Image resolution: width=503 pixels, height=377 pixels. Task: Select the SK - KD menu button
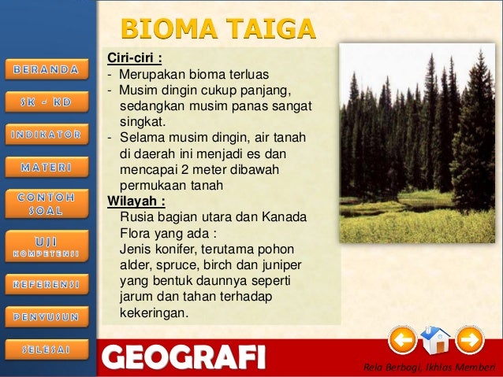point(46,102)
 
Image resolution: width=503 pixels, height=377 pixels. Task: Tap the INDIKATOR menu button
point(46,135)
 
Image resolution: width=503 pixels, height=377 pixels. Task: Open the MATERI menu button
point(46,167)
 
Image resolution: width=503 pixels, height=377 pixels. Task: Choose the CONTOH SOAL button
point(46,203)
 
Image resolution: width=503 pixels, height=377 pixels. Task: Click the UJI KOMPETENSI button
point(46,243)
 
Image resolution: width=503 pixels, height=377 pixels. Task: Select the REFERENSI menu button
point(46,280)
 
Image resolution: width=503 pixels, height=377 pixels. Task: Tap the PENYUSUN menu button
point(46,316)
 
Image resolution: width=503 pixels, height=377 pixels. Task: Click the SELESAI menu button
point(46,349)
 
